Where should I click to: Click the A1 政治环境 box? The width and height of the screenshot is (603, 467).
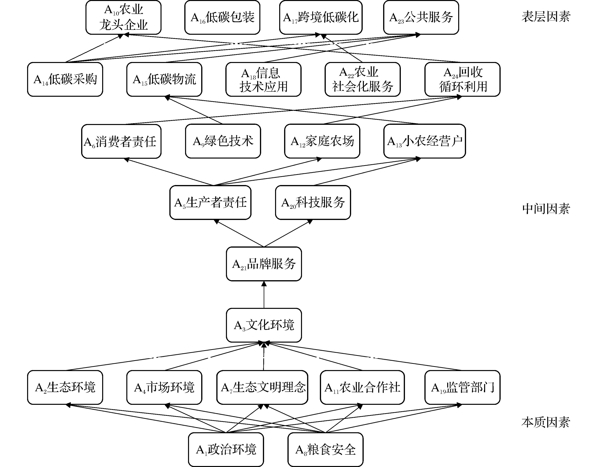(226, 450)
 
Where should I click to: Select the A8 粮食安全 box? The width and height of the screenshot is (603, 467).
(325, 450)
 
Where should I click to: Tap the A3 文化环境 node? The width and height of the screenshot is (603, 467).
(264, 325)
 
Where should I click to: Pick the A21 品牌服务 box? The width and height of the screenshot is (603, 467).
(264, 264)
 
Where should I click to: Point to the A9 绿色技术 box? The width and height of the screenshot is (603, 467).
(223, 141)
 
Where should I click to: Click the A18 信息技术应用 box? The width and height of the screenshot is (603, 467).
(263, 79)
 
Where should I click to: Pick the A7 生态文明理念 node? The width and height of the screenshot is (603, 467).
(262, 387)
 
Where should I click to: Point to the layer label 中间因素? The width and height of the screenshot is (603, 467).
(546, 209)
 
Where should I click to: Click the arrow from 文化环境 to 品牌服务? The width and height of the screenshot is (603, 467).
(264, 295)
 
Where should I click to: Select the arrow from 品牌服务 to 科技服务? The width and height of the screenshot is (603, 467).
(287, 233)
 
